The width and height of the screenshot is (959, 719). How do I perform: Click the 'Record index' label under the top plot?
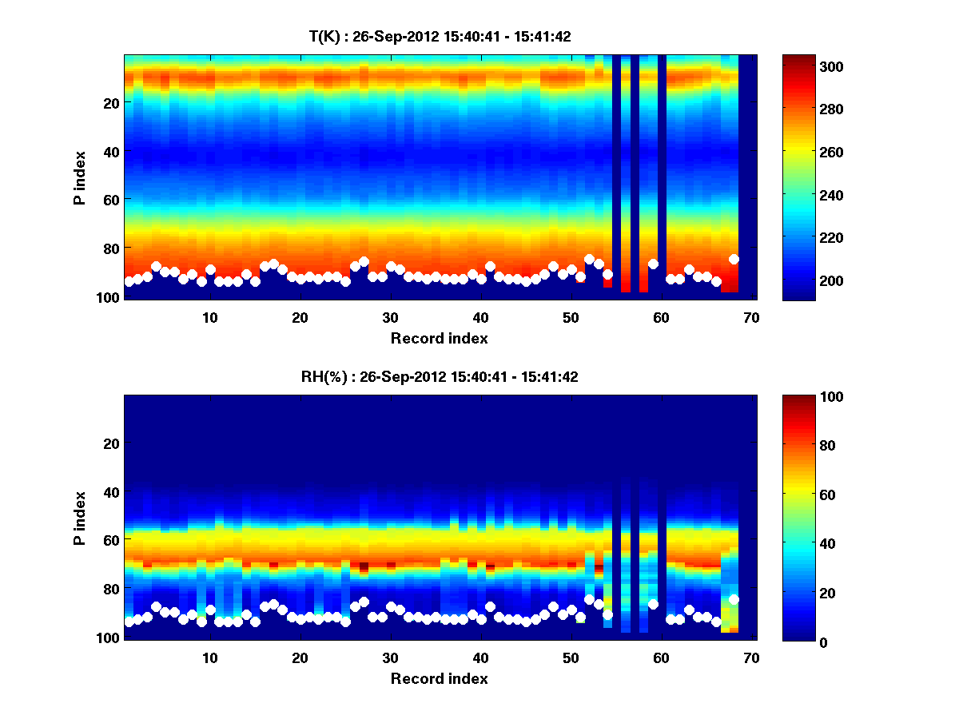coord(440,339)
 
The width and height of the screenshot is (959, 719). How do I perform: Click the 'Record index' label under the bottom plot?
coord(440,679)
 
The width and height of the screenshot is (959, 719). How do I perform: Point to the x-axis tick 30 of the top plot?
coord(391,317)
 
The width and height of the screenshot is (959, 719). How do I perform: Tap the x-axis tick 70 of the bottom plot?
coord(751,657)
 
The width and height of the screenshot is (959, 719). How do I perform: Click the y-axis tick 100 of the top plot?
coord(109,297)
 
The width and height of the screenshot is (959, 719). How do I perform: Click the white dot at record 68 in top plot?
coord(734,259)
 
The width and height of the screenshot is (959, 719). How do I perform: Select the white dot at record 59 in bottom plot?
coord(653,604)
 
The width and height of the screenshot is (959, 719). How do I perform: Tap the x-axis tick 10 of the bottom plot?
coord(210,657)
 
